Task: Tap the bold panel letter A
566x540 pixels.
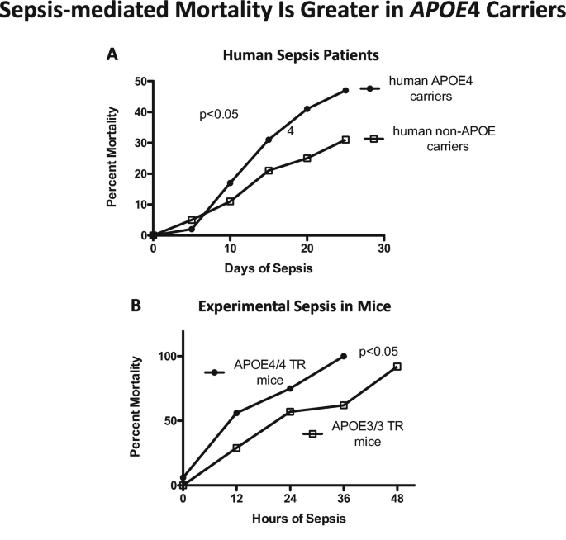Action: pyautogui.click(x=111, y=55)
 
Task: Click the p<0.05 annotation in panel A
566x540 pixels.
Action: pyautogui.click(x=219, y=115)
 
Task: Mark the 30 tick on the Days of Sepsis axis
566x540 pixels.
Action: pyautogui.click(x=384, y=247)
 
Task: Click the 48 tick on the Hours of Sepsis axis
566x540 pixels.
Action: pyautogui.click(x=397, y=499)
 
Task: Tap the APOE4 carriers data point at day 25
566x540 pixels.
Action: pyautogui.click(x=345, y=90)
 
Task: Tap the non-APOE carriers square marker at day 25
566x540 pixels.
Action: pyautogui.click(x=345, y=140)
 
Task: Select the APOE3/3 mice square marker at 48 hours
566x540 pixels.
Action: pyautogui.click(x=397, y=366)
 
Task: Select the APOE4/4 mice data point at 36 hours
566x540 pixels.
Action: pyautogui.click(x=344, y=356)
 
